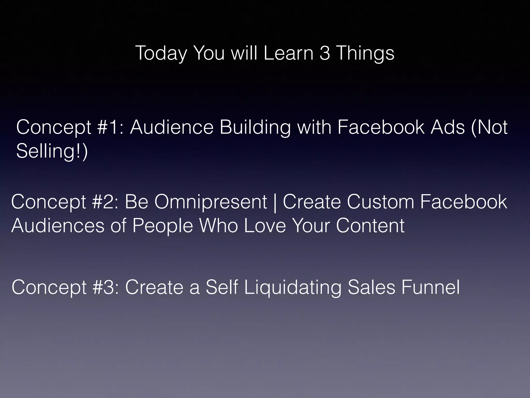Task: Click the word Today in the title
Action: tap(161, 53)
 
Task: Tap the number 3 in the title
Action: tap(325, 53)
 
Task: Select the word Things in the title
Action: tap(365, 53)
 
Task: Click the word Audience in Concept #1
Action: tap(172, 127)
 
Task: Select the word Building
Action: tap(255, 127)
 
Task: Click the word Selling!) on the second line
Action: tap(52, 151)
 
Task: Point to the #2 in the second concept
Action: tap(105, 202)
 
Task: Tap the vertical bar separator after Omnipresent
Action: tap(275, 203)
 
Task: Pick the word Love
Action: tap(265, 225)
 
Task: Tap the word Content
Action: tap(370, 225)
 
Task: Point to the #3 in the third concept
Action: tap(106, 287)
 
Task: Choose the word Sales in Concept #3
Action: tap(371, 287)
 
